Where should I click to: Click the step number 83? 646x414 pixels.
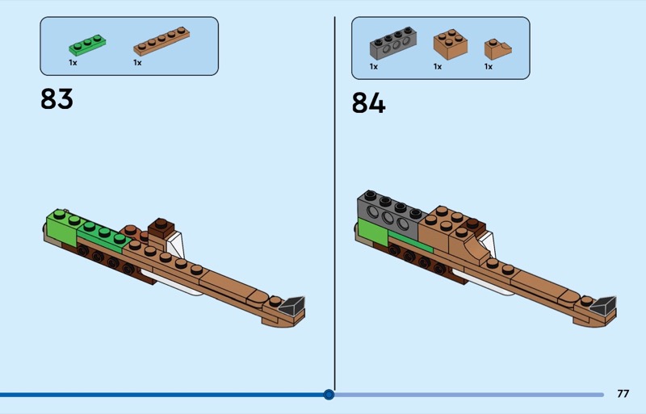click(x=57, y=99)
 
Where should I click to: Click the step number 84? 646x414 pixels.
click(x=368, y=102)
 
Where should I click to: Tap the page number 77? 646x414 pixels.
click(x=623, y=394)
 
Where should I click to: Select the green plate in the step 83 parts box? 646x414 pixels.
click(x=87, y=45)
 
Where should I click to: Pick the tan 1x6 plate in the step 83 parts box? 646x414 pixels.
click(x=161, y=41)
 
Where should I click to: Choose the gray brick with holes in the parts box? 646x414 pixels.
click(x=393, y=43)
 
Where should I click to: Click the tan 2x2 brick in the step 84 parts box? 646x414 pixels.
click(x=451, y=44)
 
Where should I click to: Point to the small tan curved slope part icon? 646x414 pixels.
click(x=497, y=49)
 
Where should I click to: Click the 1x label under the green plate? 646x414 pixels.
click(x=73, y=63)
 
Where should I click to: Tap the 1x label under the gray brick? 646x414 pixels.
click(x=374, y=66)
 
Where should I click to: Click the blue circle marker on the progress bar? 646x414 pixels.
click(x=329, y=395)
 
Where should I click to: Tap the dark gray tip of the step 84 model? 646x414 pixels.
click(x=603, y=306)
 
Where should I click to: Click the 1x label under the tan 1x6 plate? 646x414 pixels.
click(x=137, y=63)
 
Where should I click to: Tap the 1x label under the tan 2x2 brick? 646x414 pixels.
click(x=438, y=66)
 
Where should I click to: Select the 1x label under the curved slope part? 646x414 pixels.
click(x=489, y=66)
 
